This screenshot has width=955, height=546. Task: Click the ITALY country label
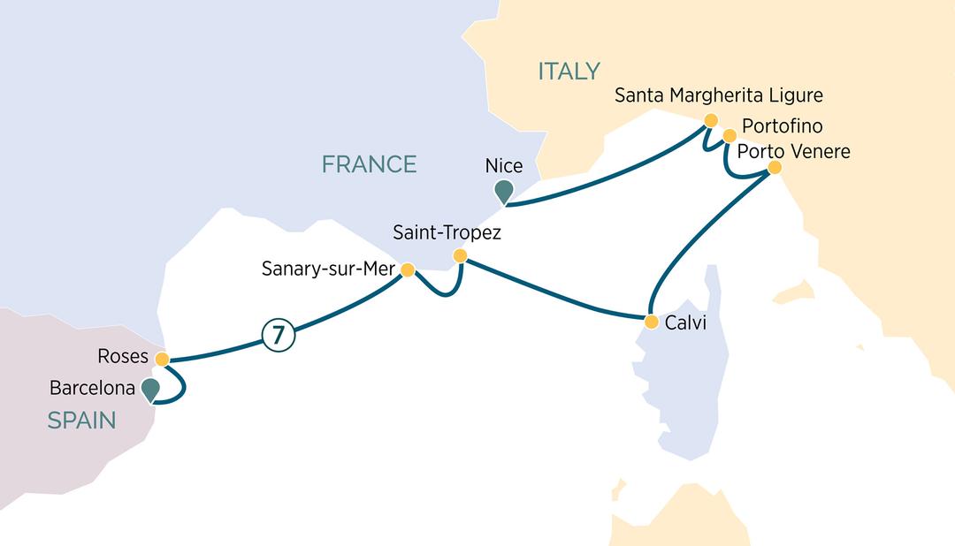pos(569,71)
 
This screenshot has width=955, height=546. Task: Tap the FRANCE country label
pos(369,163)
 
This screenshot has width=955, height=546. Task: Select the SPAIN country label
pos(81,421)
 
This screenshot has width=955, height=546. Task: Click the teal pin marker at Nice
pos(504,190)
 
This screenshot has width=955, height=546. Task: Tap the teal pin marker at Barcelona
pos(150,389)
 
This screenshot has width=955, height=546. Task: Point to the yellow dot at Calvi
pos(651,321)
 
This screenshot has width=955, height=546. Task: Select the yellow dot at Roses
pos(161,360)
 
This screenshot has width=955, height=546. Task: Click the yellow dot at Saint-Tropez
pos(460,256)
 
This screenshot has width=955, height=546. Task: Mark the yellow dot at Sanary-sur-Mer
pos(408,269)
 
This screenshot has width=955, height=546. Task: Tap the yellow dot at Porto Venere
pos(775,167)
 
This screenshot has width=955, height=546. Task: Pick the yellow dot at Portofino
pos(730,136)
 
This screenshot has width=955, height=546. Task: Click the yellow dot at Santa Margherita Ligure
pos(710,119)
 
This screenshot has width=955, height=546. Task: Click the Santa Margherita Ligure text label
pos(719,95)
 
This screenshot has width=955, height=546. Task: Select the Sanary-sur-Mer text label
pos(326,269)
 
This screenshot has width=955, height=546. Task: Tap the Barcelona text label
pos(92,388)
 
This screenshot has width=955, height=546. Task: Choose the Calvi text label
pos(684,322)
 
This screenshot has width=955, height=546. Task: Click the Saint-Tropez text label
pos(447,233)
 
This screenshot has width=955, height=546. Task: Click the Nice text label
pos(504,165)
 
